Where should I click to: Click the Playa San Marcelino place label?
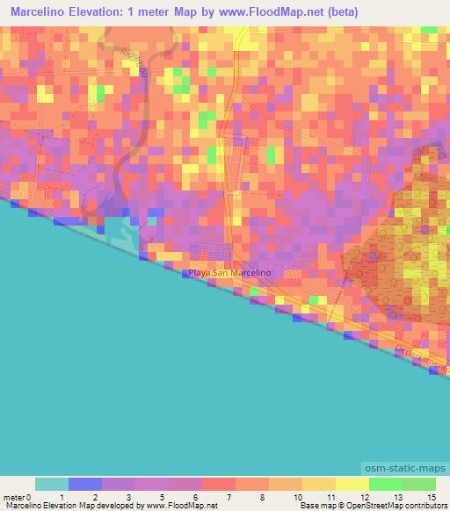[x=229, y=273]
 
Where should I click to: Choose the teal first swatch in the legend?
[x=52, y=484]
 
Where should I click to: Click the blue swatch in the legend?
[x=85, y=484]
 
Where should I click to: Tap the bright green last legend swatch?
[x=418, y=484]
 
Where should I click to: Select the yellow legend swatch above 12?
[x=352, y=484]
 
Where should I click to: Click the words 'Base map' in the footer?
[x=317, y=506]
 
